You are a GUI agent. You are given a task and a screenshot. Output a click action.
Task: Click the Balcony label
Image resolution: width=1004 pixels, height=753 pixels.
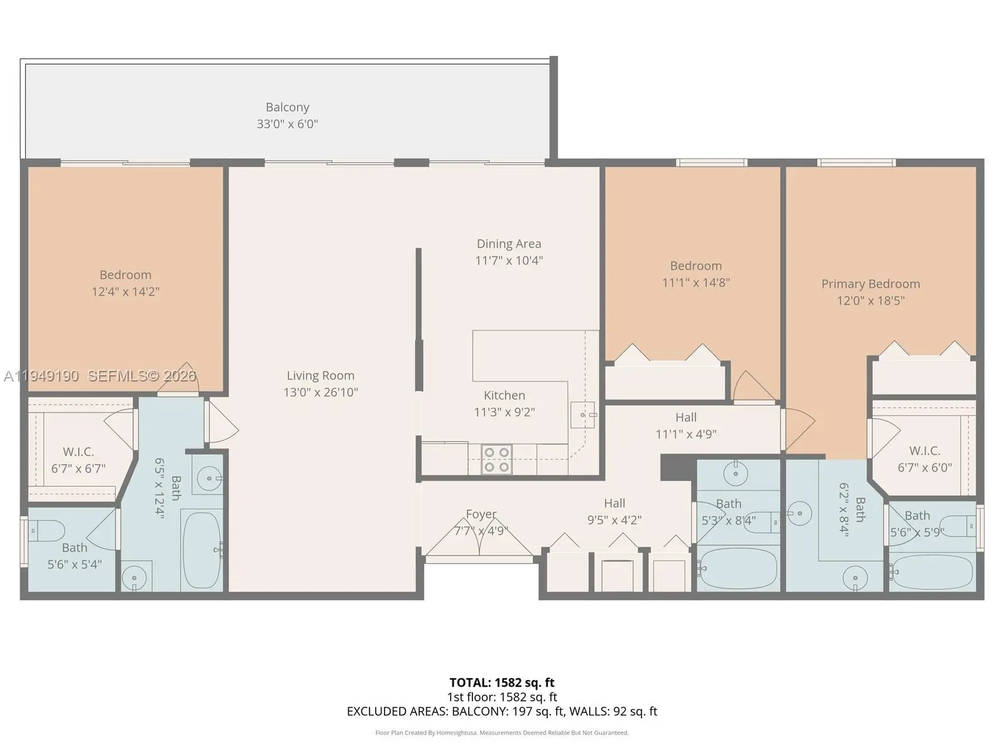point(287,107)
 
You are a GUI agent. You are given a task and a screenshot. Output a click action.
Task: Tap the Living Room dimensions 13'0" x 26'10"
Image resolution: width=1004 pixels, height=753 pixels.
point(320,392)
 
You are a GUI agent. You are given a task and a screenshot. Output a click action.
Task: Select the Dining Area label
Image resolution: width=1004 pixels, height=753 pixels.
point(509,243)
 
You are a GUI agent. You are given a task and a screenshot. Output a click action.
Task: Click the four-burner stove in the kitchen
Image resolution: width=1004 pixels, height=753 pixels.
point(496,459)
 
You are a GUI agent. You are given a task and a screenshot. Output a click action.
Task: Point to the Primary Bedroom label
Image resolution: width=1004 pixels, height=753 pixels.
point(870,284)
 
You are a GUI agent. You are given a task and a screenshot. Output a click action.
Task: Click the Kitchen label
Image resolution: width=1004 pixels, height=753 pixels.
point(504,395)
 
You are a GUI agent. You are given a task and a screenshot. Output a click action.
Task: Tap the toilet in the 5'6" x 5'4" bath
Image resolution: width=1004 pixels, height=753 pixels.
point(46,530)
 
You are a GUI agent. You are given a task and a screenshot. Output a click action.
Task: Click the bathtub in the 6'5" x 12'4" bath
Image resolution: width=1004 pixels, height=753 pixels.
point(201,550)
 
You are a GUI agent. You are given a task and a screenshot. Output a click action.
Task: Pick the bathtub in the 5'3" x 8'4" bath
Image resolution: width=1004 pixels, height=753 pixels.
point(738,569)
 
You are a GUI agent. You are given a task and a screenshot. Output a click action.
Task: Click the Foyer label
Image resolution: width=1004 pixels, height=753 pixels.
point(481,514)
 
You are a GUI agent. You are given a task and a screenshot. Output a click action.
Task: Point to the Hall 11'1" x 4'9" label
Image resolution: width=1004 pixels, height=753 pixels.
point(686,425)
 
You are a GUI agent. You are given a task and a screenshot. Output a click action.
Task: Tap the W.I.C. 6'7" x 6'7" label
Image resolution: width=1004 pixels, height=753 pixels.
point(78,460)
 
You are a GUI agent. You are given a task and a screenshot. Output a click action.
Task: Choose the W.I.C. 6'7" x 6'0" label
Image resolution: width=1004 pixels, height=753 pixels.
point(924,459)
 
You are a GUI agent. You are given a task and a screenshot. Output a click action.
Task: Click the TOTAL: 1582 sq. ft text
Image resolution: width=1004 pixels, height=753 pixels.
point(502,683)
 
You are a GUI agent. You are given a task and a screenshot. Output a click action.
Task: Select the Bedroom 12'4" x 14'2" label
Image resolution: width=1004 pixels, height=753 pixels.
point(125,283)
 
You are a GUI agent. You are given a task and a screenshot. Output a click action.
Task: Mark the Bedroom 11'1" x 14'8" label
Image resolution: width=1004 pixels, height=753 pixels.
point(696,274)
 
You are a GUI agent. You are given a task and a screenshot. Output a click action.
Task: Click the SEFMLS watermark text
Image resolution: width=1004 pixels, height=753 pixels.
point(142,376)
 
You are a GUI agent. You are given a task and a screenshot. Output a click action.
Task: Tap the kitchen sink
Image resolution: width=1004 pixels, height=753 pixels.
point(582,415)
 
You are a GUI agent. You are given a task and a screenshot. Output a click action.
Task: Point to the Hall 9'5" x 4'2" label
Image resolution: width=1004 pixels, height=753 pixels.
point(614,511)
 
